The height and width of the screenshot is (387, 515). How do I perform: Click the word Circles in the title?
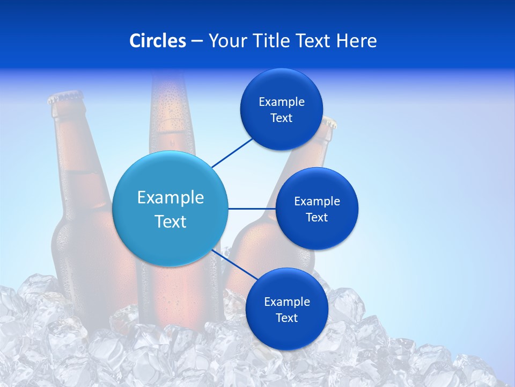(158, 41)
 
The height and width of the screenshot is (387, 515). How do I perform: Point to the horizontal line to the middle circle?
(252, 209)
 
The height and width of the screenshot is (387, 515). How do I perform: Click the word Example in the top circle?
(282, 102)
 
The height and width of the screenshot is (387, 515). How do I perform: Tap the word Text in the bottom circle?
(286, 318)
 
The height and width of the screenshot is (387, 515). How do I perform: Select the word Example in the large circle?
(171, 198)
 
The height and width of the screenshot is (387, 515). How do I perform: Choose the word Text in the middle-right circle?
(317, 218)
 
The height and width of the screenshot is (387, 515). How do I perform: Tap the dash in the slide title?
(197, 41)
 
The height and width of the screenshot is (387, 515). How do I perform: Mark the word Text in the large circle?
(171, 221)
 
